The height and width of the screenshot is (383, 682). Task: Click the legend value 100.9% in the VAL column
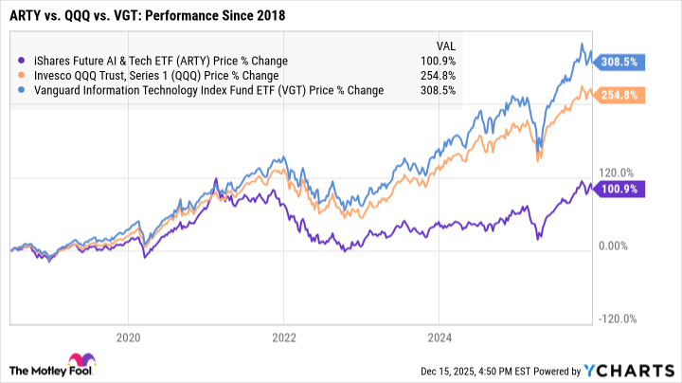[x=441, y=61]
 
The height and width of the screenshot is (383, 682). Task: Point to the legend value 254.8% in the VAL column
[x=441, y=76]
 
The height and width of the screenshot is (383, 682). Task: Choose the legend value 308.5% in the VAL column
[x=441, y=91]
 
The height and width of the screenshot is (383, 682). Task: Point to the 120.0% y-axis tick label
[x=616, y=173]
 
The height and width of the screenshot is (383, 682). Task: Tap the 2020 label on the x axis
[x=128, y=336]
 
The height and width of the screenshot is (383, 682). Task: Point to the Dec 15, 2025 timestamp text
[x=465, y=368]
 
